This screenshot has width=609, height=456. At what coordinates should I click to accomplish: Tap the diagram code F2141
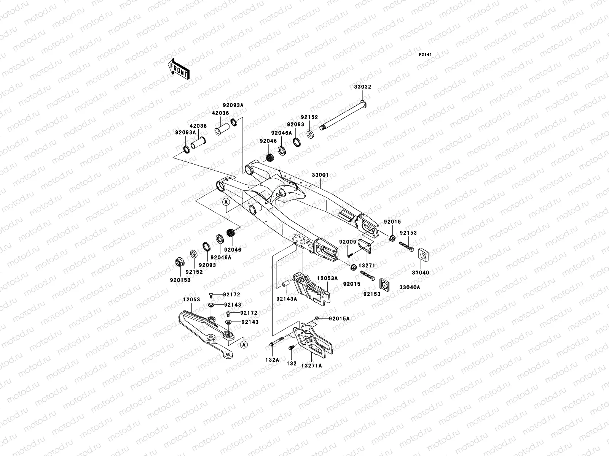tap(425, 55)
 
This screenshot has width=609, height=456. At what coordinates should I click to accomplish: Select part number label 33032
tap(362, 87)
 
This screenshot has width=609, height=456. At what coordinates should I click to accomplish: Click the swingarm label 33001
tap(320, 175)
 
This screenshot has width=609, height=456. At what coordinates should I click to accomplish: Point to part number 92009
tap(348, 242)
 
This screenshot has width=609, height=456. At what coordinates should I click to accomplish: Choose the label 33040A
tap(410, 287)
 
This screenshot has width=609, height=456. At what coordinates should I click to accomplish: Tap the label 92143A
tap(287, 299)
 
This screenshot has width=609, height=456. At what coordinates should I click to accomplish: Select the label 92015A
tap(339, 319)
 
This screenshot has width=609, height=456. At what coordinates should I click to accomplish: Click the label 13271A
tap(312, 366)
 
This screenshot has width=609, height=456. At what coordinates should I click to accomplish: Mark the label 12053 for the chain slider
tap(191, 300)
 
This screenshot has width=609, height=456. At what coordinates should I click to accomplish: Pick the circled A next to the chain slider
tap(244, 344)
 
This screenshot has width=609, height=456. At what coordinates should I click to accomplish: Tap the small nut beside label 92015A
tap(317, 318)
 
